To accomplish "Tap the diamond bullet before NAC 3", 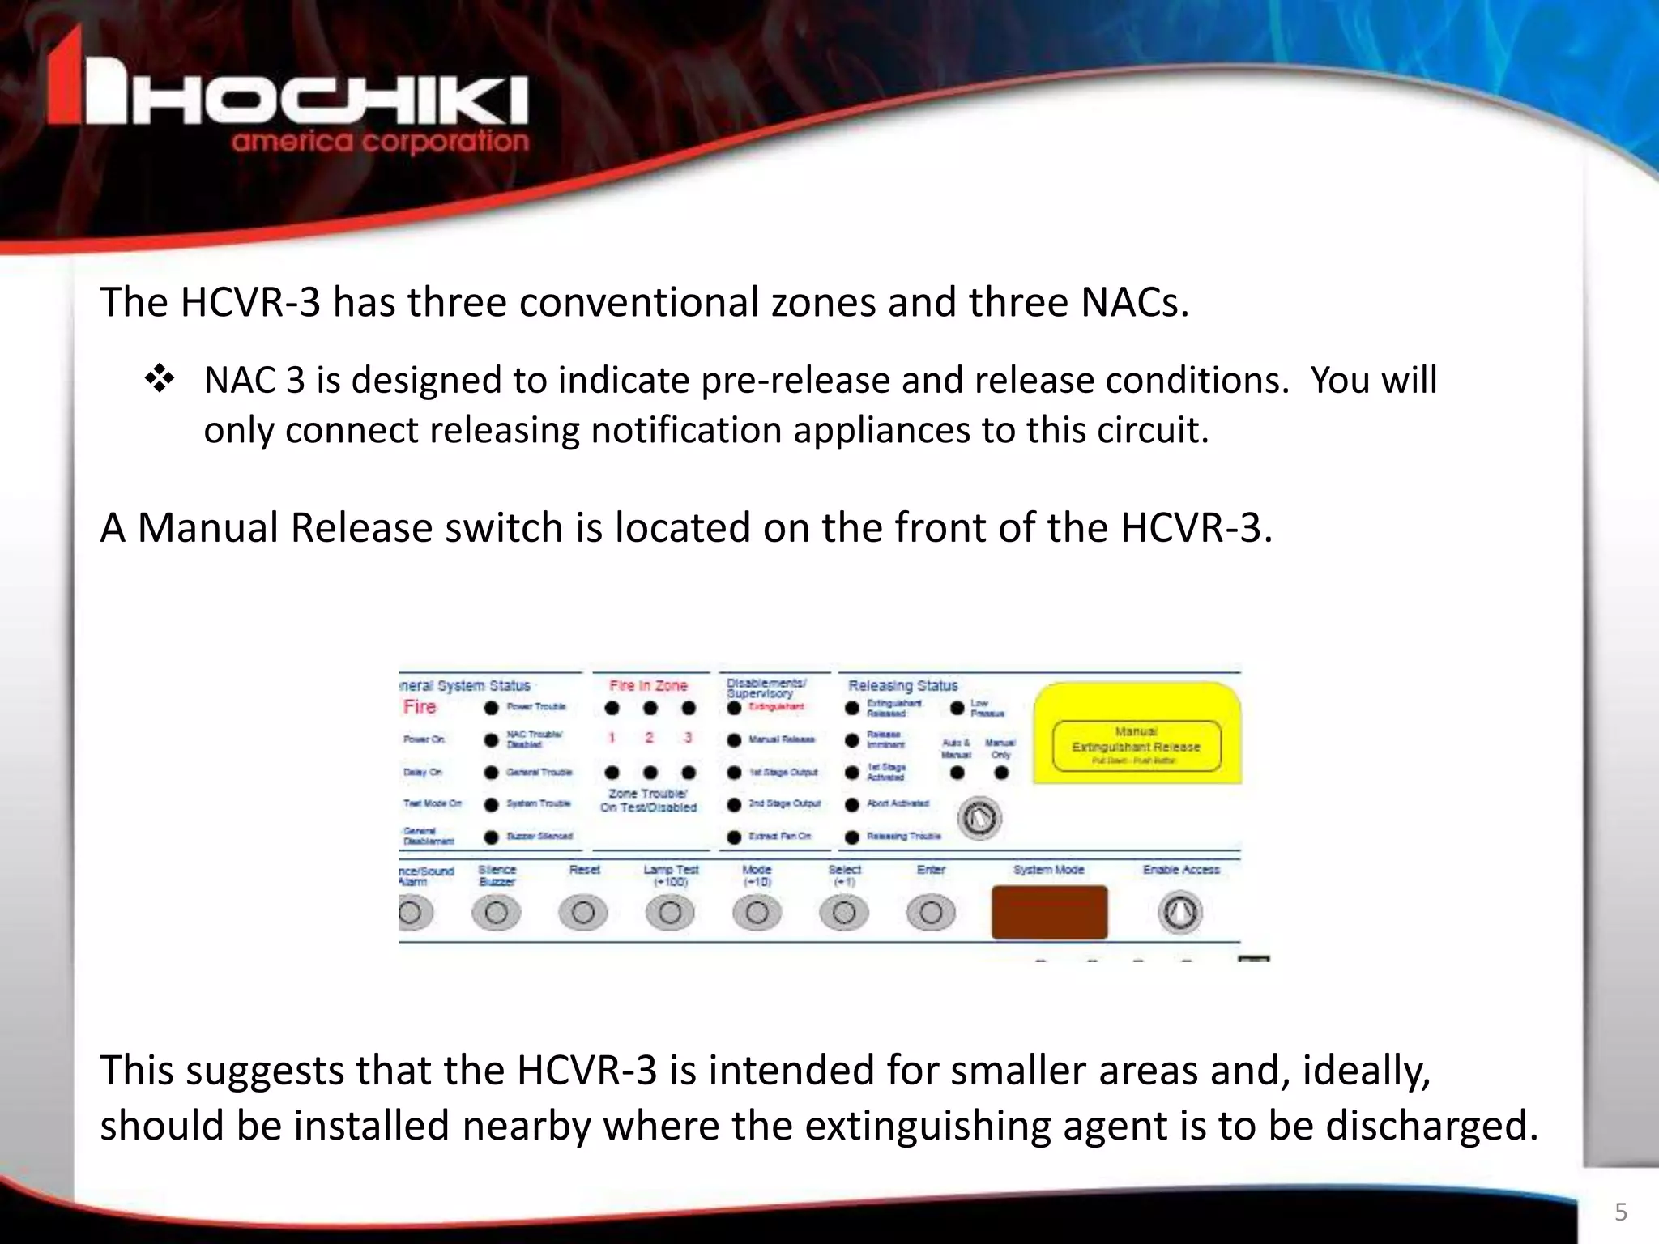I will point(160,380).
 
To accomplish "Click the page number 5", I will point(1620,1212).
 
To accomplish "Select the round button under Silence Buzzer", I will point(496,914).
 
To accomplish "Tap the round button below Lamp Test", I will point(670,914).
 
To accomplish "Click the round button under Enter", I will point(931,914).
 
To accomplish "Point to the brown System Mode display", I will point(1049,912).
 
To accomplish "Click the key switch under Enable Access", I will point(1180,913).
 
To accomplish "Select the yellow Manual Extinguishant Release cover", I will point(1137,734).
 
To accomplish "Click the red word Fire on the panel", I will point(420,707).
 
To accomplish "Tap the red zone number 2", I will point(649,738).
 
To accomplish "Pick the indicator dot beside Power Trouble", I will point(491,708).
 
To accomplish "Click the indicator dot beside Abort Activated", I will point(852,804).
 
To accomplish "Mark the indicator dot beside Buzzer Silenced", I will point(491,837).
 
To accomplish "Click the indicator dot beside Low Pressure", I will point(957,708).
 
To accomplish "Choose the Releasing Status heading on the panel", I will point(902,686).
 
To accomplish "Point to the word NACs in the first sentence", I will point(1134,303).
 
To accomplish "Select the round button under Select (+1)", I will point(844,914).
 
